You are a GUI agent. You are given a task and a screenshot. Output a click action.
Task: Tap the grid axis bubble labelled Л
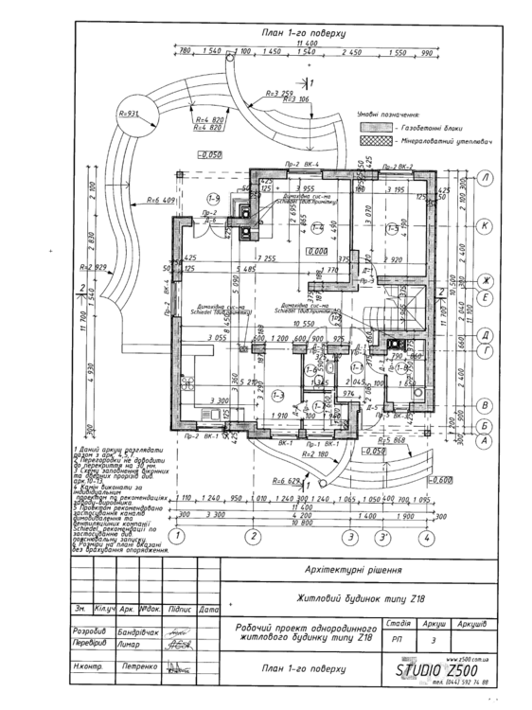(485, 177)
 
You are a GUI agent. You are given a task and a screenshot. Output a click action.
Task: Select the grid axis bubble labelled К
(485, 226)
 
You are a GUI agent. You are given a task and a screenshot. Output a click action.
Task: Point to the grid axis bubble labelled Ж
(485, 281)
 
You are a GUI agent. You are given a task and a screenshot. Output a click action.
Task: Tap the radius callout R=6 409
(162, 201)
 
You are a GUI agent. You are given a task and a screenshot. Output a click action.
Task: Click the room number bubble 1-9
(214, 198)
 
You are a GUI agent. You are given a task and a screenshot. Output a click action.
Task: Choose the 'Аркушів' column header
(470, 624)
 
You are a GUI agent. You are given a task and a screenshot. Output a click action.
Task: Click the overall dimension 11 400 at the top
(305, 44)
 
